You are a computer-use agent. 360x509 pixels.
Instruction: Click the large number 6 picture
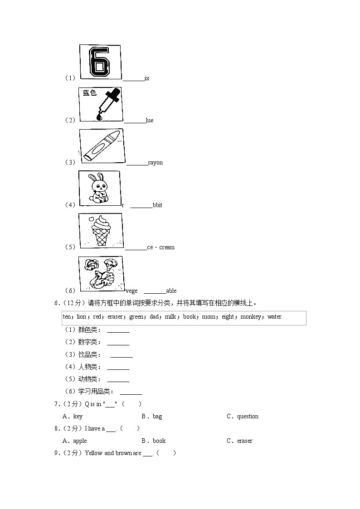coord(100,62)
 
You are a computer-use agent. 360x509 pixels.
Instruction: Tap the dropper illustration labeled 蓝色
coord(101,104)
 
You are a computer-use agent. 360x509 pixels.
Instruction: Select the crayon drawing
coord(102,146)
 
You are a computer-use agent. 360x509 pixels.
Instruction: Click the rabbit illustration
coord(99,188)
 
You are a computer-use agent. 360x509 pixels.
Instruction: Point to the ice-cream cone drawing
coord(101,230)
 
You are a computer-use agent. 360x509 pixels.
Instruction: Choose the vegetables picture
coord(101,273)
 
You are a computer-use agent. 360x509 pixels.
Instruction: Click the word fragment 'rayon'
coord(155,163)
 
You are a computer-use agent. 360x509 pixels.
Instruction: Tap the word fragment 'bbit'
coord(157,205)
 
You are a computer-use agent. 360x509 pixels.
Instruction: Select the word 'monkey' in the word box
coord(251,317)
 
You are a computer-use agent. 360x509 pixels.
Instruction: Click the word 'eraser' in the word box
coord(115,317)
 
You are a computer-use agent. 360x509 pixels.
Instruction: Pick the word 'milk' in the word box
coord(170,317)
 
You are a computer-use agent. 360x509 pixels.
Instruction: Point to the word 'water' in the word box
coord(274,317)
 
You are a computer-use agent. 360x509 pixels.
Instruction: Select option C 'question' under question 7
coord(248,417)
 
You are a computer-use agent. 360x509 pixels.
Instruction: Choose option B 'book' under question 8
coord(159,441)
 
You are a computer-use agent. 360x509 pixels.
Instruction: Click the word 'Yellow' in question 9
coord(94,453)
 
